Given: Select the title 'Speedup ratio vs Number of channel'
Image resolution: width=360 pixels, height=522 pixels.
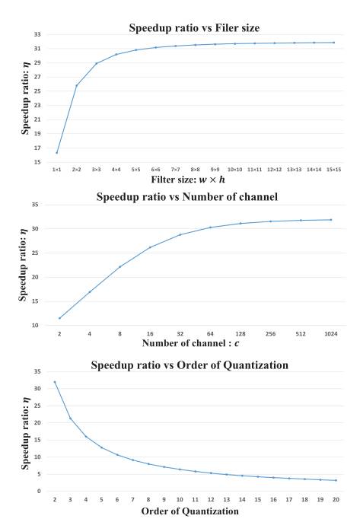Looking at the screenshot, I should click(x=187, y=197).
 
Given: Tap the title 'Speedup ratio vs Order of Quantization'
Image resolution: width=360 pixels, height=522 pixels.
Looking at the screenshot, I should click(x=189, y=365).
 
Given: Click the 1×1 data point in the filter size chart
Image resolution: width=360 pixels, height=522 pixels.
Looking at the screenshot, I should click(x=57, y=152).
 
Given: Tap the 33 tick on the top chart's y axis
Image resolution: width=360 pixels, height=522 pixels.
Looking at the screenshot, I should click(x=36, y=34).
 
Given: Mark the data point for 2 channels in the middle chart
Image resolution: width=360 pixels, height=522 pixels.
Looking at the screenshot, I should click(x=59, y=318).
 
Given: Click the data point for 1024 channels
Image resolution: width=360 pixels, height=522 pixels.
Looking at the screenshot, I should click(x=330, y=220).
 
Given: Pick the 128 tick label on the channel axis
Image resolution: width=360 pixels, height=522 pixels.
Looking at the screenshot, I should click(x=241, y=334).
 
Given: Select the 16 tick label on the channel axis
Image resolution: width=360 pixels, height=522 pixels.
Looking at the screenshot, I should click(x=150, y=334).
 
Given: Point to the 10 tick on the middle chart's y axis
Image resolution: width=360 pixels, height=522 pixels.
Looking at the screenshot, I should click(x=37, y=325).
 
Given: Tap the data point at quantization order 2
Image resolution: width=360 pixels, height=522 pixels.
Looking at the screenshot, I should click(x=55, y=382).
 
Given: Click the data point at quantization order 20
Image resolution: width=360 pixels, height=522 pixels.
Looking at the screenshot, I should click(x=335, y=480).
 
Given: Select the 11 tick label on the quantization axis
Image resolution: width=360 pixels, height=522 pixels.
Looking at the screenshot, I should click(x=195, y=500).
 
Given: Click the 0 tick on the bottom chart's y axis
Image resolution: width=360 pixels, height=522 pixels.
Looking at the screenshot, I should click(x=38, y=491).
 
